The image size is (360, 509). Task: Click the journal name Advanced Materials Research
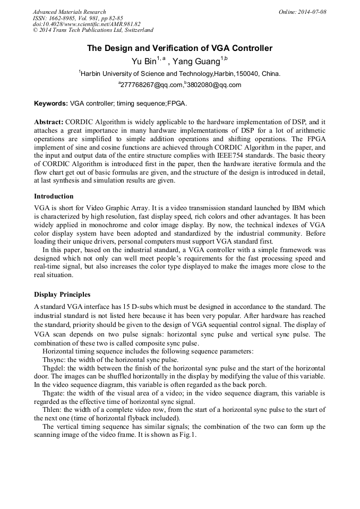70,12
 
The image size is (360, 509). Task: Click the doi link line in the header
87,24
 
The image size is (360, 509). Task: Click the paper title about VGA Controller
179,48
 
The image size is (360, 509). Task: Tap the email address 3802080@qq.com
214,85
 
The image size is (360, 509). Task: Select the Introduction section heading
54,196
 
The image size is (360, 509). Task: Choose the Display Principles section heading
62,294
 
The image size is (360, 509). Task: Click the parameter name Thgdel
54,368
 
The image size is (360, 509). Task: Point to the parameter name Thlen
52,410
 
